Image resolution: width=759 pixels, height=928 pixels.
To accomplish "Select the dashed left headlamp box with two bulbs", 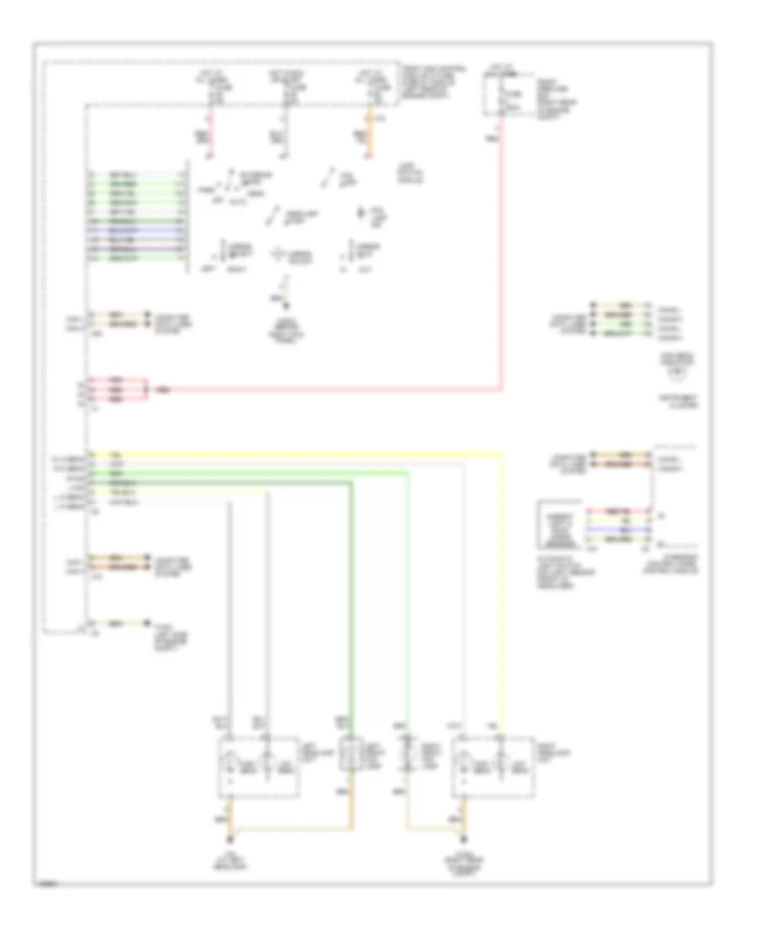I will tap(259, 766).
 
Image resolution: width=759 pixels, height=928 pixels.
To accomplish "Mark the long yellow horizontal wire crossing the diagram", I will tap(295, 453).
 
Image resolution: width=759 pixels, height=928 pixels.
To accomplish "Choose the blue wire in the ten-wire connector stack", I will tap(135, 229).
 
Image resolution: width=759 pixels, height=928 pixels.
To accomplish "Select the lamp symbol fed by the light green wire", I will tap(408, 753).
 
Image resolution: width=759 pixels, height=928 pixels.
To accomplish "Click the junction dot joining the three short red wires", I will tap(148, 390).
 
